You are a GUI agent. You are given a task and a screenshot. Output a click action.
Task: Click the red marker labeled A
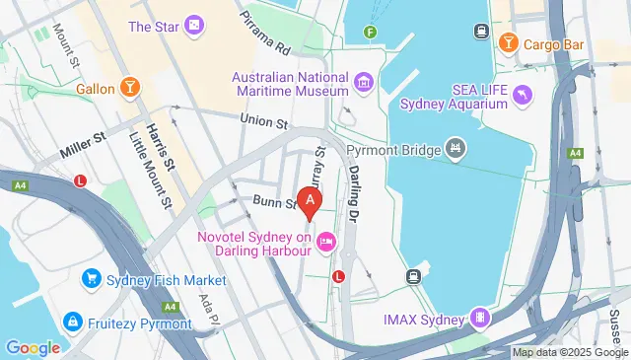click(311, 202)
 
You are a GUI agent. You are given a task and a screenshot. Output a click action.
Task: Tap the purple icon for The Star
click(195, 25)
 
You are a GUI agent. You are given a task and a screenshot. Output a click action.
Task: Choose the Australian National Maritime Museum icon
click(363, 82)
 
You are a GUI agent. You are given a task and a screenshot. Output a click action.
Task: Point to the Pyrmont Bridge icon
click(455, 149)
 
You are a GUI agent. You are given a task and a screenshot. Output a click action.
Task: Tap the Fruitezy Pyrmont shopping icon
click(72, 322)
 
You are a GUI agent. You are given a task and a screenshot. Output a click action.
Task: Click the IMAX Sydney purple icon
click(480, 319)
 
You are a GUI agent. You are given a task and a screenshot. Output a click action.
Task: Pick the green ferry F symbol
click(371, 32)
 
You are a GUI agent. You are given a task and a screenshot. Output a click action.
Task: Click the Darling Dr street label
click(356, 183)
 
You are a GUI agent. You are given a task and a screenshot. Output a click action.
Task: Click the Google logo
click(33, 347)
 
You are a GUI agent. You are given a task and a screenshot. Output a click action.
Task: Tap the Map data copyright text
click(568, 352)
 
